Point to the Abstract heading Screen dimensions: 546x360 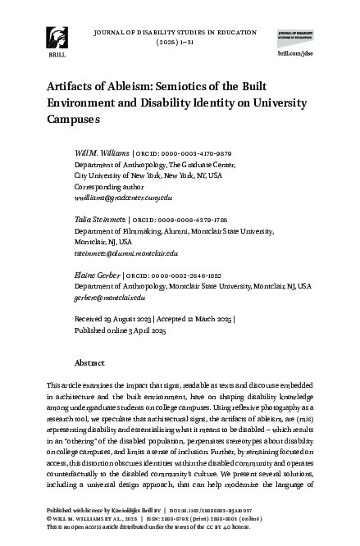pos(89,362)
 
